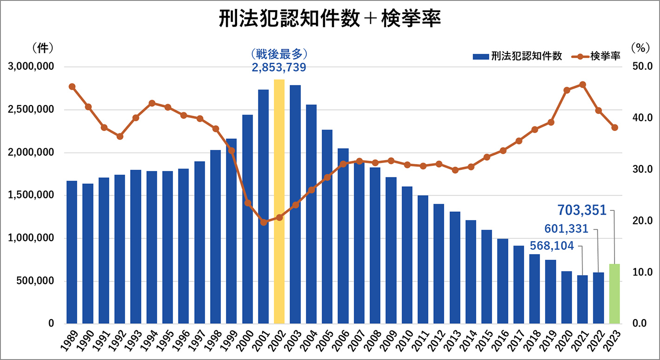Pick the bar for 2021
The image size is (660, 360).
tap(582, 299)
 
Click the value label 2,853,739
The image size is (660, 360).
tap(279, 68)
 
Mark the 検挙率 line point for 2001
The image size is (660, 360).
tap(264, 222)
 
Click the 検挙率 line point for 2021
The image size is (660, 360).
tap(582, 85)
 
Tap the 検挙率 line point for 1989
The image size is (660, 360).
tap(72, 86)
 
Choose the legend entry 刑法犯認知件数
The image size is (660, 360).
tap(517, 56)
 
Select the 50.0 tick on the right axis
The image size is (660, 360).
tap(643, 67)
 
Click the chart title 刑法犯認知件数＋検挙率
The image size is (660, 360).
tap(330, 20)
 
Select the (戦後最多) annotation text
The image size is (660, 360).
tap(279, 53)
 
